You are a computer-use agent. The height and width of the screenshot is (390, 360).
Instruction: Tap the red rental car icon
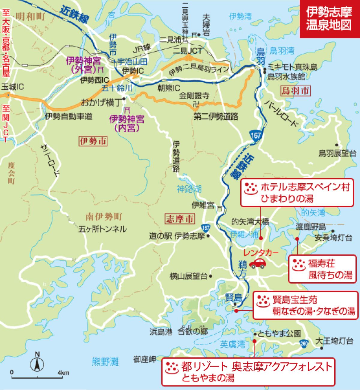click(x=258, y=263)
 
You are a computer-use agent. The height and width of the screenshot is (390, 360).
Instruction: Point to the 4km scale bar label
click(x=63, y=373)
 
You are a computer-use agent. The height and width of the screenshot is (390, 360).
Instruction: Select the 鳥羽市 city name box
click(x=295, y=90)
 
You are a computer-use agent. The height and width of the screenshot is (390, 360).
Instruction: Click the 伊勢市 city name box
click(x=93, y=141)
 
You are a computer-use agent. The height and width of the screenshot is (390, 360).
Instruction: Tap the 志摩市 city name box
click(x=180, y=219)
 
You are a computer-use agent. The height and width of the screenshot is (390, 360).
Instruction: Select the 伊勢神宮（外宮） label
click(x=84, y=65)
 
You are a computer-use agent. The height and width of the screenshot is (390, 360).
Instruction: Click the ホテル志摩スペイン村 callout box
click(x=297, y=193)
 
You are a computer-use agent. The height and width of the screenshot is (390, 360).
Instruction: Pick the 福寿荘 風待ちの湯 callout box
click(x=322, y=269)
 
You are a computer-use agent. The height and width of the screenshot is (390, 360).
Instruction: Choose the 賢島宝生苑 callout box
click(x=305, y=305)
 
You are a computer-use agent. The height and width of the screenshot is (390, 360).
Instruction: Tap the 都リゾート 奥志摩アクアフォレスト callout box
click(x=248, y=372)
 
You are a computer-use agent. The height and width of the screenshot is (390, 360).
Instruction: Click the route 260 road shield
click(x=304, y=343)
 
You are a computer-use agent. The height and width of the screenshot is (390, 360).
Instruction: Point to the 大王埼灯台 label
click(x=334, y=341)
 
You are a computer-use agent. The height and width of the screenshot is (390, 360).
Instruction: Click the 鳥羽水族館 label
click(x=286, y=77)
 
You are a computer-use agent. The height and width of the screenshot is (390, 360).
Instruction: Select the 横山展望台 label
click(x=188, y=276)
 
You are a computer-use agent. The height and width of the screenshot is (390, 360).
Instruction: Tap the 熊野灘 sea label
click(x=105, y=361)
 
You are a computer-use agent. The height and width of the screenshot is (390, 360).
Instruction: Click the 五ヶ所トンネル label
click(x=103, y=229)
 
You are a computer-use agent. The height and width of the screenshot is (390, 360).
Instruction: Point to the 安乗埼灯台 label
click(x=333, y=238)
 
